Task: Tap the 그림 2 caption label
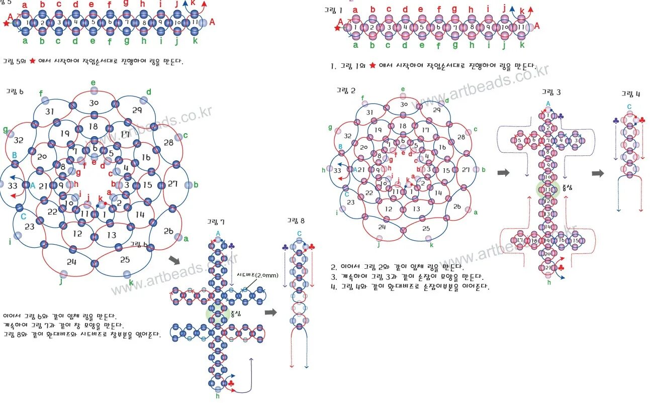coord(346,90)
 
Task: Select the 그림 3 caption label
coord(551,92)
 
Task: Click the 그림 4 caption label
coord(630,93)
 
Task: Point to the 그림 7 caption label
coord(217,222)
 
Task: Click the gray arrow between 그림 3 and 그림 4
coord(597,173)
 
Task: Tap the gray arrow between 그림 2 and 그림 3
coord(503,173)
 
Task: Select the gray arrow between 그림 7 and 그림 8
coord(271,312)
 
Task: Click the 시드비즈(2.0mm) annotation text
coord(254,275)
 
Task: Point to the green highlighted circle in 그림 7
coord(216,313)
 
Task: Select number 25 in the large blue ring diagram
coord(125,259)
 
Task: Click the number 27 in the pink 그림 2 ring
coord(466,169)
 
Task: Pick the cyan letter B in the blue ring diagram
coord(15,155)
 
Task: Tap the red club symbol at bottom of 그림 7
coord(231,384)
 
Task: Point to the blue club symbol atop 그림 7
coord(231,246)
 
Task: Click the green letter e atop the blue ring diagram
coord(93,82)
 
